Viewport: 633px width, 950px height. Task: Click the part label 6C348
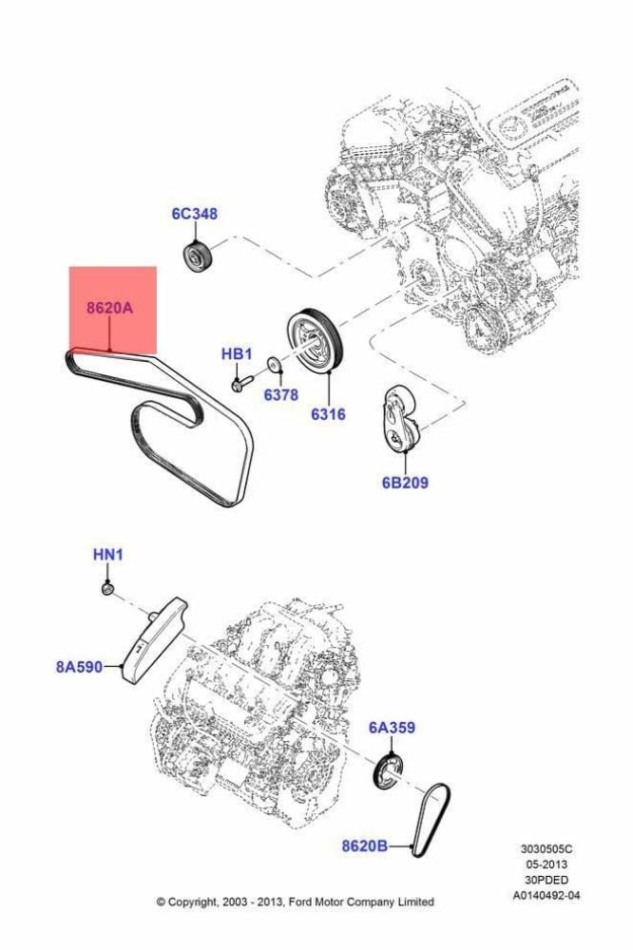click(x=194, y=214)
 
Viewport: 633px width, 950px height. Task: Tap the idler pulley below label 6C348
click(x=196, y=257)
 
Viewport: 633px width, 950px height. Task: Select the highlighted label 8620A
click(x=109, y=308)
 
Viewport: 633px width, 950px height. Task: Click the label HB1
click(x=237, y=353)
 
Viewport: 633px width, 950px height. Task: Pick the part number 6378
click(x=280, y=395)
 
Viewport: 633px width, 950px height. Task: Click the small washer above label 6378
click(x=274, y=366)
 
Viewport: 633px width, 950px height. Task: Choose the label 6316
click(x=328, y=414)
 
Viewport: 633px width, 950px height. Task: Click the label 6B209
click(x=405, y=483)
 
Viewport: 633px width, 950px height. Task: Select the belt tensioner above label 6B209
click(x=402, y=420)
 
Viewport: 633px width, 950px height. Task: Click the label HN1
click(x=108, y=555)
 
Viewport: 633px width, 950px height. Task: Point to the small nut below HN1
click(x=108, y=589)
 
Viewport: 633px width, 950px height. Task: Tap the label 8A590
click(x=80, y=667)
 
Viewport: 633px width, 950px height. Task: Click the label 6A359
click(x=392, y=727)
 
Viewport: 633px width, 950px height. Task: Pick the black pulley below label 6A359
click(x=386, y=771)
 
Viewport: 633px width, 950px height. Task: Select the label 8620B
click(x=364, y=845)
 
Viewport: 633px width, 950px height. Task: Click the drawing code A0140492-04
click(x=547, y=895)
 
